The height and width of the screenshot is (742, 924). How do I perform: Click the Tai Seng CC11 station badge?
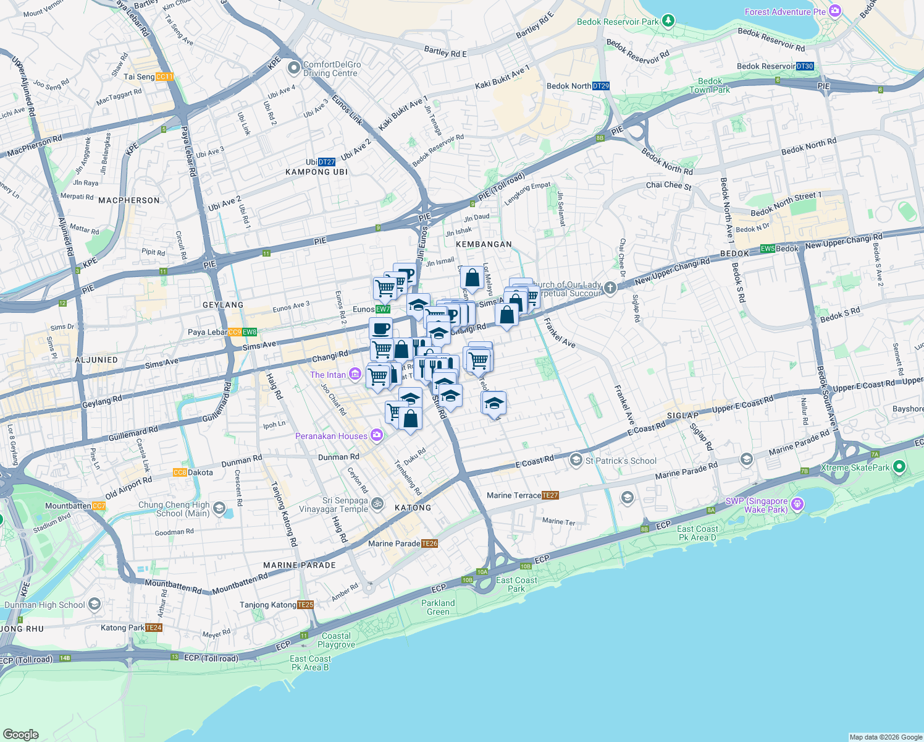tap(165, 77)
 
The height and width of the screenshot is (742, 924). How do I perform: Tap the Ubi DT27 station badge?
tap(327, 162)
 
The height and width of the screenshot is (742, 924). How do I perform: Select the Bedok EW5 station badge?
tap(768, 249)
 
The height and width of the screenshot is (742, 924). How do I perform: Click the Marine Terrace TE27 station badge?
tap(550, 495)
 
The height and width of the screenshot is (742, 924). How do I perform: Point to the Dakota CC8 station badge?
tap(180, 472)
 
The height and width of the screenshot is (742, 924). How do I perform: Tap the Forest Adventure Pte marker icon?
tap(836, 11)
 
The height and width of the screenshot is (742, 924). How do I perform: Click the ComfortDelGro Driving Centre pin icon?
tap(294, 67)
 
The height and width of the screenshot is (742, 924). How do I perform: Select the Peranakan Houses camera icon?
tap(377, 436)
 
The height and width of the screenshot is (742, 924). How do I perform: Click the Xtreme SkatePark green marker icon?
tap(899, 467)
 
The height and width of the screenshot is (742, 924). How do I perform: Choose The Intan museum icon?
tap(355, 374)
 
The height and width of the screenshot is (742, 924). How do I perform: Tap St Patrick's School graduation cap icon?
tap(576, 460)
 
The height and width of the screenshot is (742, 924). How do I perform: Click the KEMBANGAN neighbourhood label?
tap(484, 244)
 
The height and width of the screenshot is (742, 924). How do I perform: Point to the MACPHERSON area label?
tap(129, 200)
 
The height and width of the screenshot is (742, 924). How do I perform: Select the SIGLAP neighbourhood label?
tap(682, 416)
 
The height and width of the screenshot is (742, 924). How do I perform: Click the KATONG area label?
tap(413, 508)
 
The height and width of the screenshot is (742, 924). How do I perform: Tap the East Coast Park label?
tap(516, 584)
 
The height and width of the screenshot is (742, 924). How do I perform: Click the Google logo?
tap(20, 734)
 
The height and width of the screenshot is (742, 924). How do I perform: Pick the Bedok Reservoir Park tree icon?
tap(668, 21)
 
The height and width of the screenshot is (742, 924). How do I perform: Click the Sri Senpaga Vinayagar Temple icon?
tap(377, 505)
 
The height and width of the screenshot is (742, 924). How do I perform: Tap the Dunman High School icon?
tap(94, 604)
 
